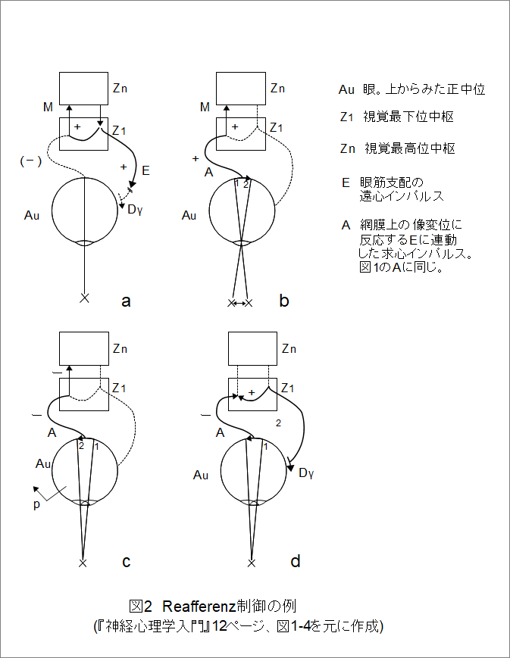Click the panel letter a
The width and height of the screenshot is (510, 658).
(x=126, y=301)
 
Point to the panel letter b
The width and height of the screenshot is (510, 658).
(x=284, y=301)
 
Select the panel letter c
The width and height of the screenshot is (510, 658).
(x=126, y=562)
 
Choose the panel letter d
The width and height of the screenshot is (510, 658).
(x=296, y=560)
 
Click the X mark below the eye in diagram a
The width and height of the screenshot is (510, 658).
(x=84, y=298)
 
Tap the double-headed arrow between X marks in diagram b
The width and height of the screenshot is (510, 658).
(x=239, y=303)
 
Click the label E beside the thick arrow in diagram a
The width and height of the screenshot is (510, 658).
(x=145, y=170)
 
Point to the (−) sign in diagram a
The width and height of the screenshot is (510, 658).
(x=31, y=161)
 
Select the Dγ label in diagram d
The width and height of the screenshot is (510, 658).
(x=306, y=473)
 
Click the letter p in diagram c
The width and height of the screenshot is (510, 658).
(x=36, y=505)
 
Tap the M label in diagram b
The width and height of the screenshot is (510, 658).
(x=205, y=108)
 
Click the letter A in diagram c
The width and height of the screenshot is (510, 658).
(x=52, y=432)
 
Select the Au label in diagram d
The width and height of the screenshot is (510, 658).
(x=201, y=476)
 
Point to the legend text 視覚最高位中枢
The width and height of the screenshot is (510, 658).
(x=410, y=148)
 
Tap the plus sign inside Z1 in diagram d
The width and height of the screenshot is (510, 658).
(x=252, y=392)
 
